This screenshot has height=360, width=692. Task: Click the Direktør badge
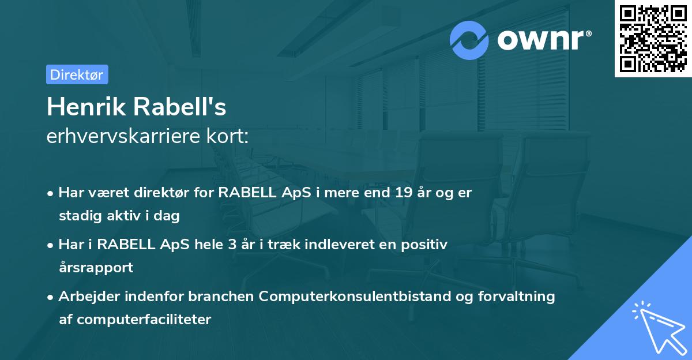pyautogui.click(x=77, y=74)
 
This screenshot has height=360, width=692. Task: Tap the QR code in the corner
pyautogui.click(x=653, y=38)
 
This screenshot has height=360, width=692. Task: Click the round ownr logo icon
pyautogui.click(x=469, y=40)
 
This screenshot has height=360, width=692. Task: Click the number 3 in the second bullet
pyautogui.click(x=232, y=245)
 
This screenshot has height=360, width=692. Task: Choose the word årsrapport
pyautogui.click(x=96, y=268)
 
